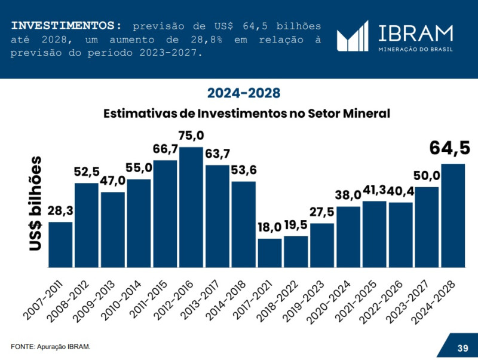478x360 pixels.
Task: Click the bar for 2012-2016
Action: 191,207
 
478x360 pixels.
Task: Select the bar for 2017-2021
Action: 269,253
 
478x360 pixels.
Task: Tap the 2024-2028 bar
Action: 453,215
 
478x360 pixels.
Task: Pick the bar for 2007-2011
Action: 60,245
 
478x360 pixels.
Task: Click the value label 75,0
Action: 191,135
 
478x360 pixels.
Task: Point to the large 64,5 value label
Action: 450,148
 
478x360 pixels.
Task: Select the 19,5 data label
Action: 296,227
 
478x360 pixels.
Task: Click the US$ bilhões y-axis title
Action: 36,203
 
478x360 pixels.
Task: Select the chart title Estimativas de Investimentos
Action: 246,114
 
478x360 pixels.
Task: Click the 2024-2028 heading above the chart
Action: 244,93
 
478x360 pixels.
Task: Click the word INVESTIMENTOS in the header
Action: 66,26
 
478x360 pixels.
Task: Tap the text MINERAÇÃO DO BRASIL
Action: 416,48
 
